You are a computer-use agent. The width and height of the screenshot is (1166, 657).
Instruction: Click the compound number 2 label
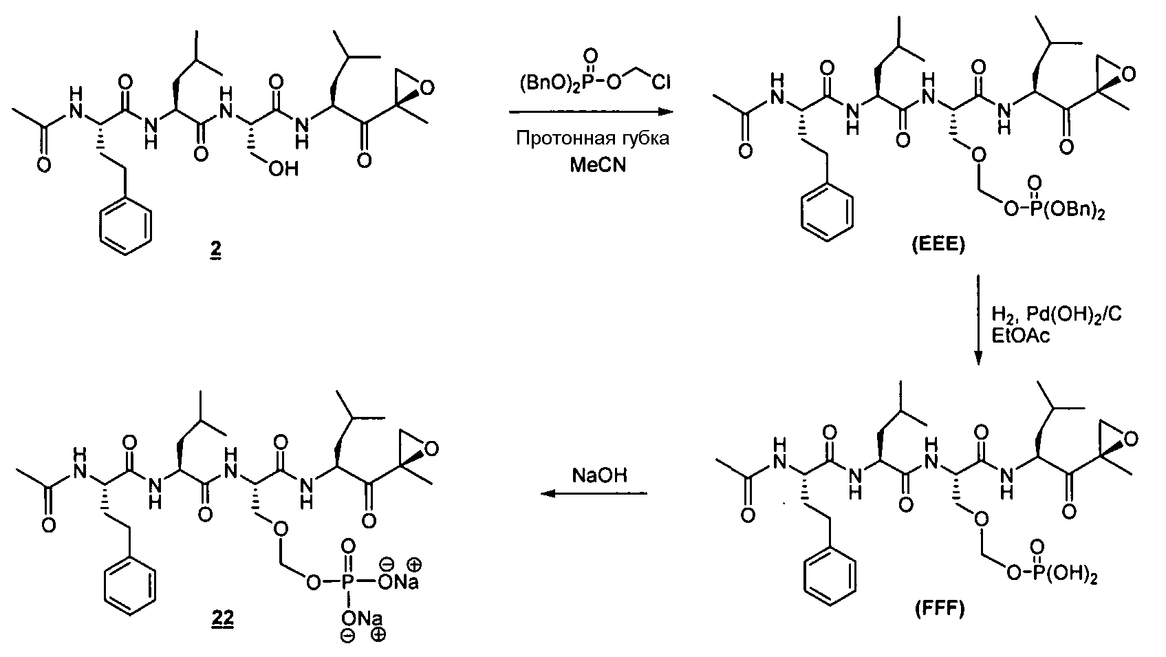[215, 249]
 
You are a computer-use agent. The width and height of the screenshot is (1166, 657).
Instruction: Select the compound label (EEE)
[938, 245]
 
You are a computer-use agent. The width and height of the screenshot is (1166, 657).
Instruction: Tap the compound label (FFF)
[940, 609]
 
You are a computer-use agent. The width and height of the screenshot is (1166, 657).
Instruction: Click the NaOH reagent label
[599, 475]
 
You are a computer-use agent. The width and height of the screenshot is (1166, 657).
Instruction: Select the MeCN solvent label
[598, 165]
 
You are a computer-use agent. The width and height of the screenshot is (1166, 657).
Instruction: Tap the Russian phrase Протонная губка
[592, 138]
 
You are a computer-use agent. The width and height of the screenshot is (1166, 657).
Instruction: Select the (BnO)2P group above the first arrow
[553, 83]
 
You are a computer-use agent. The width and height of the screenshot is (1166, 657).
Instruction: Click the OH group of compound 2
[283, 168]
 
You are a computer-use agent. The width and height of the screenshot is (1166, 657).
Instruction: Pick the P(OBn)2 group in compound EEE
[1063, 211]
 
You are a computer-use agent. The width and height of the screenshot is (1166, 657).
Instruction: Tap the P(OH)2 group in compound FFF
[1062, 576]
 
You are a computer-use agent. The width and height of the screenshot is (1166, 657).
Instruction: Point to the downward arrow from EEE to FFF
[978, 320]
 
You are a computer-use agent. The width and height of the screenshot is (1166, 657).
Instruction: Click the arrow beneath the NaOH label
[594, 493]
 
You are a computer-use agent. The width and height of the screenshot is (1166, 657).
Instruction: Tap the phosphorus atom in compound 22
[347, 582]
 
